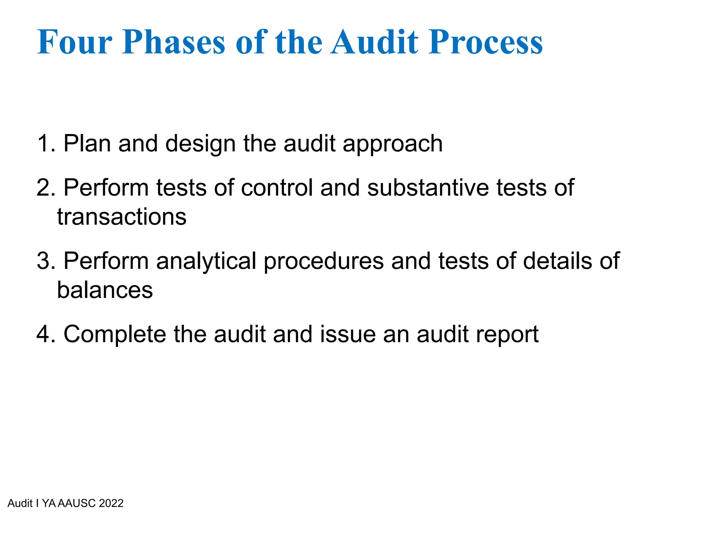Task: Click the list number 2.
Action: pyautogui.click(x=45, y=188)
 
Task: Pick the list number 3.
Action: pyautogui.click(x=45, y=261)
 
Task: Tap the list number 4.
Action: pyautogui.click(x=45, y=334)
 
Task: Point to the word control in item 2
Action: pyautogui.click(x=277, y=188)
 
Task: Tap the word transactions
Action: pyautogui.click(x=122, y=217)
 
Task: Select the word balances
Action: pyautogui.click(x=105, y=290)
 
